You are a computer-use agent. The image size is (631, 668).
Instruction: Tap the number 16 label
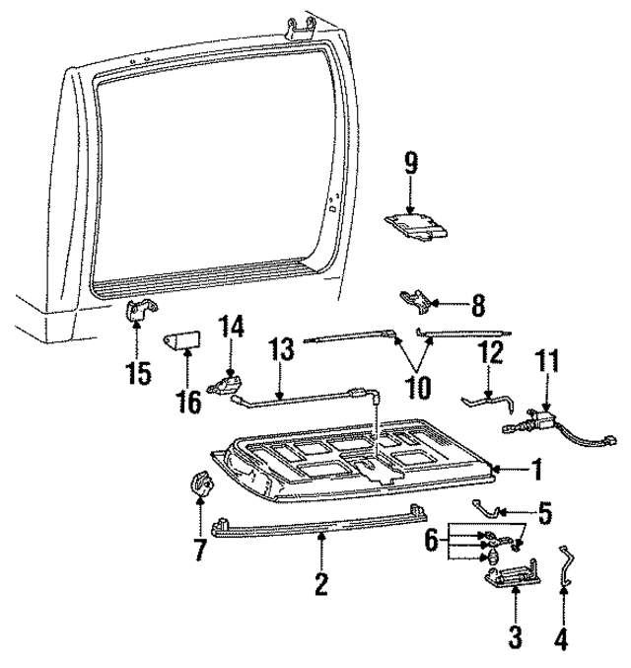(187, 401)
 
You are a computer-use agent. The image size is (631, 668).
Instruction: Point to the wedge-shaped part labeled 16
(180, 342)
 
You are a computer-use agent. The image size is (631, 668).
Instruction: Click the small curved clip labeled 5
(489, 506)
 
